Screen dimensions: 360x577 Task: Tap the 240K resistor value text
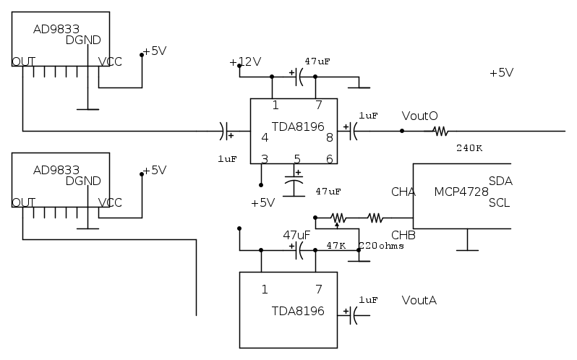pyautogui.click(x=469, y=147)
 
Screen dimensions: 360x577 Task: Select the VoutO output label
pyautogui.click(x=419, y=116)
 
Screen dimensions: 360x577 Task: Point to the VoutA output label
pyautogui.click(x=419, y=300)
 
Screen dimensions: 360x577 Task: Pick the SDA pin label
pyautogui.click(x=500, y=181)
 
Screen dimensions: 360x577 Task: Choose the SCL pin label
pyautogui.click(x=500, y=203)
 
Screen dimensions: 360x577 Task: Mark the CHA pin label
pyautogui.click(x=403, y=192)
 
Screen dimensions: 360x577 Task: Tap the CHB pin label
pyautogui.click(x=403, y=235)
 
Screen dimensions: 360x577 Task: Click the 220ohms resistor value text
pyautogui.click(x=381, y=246)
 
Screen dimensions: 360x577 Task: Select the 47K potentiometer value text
pyautogui.click(x=336, y=246)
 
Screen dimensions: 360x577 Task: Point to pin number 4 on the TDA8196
pyautogui.click(x=265, y=137)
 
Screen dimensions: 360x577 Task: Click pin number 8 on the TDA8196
pyautogui.click(x=329, y=137)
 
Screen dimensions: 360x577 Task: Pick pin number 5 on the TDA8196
pyautogui.click(x=296, y=158)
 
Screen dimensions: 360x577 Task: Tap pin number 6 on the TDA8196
pyautogui.click(x=329, y=158)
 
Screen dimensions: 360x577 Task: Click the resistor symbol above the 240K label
pyautogui.click(x=440, y=132)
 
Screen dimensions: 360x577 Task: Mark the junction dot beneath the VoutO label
pyautogui.click(x=402, y=132)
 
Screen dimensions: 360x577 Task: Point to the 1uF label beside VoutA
pyautogui.click(x=368, y=299)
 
